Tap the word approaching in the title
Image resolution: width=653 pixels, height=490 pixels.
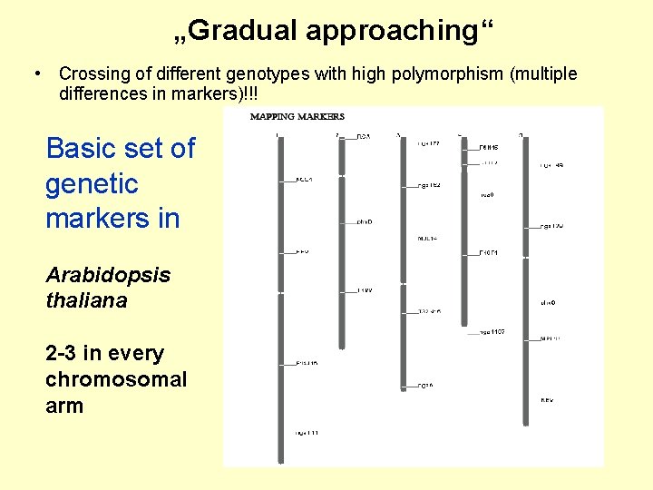click(x=393, y=31)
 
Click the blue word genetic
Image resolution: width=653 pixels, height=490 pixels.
click(x=92, y=183)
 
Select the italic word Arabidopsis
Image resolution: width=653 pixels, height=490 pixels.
click(x=108, y=274)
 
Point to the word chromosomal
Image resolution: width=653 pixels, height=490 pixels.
click(x=116, y=379)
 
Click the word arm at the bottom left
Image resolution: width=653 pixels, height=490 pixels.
click(x=63, y=406)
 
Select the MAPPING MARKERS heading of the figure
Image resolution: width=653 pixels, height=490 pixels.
click(x=297, y=116)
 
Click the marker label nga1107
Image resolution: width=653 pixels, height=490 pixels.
click(x=492, y=332)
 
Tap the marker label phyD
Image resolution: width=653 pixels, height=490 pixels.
click(x=364, y=221)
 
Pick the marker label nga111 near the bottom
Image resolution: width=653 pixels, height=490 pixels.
click(x=307, y=434)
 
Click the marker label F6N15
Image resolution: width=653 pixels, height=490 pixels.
click(x=490, y=147)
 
